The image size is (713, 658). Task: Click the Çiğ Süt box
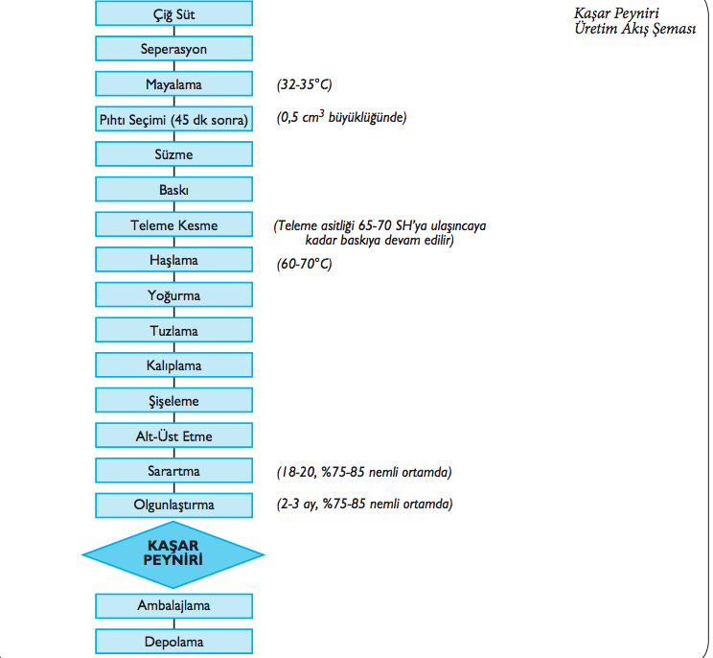coord(174,13)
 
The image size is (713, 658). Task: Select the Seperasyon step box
coord(174,48)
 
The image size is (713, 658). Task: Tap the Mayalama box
coord(174,83)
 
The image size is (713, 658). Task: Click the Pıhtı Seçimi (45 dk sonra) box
coord(174,119)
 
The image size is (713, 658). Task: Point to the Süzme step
coord(174,154)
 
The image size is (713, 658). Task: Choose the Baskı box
coord(174,190)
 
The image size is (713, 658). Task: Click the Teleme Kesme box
coord(174,225)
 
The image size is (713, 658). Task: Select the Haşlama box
coord(174,260)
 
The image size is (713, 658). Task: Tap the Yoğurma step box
coord(174,295)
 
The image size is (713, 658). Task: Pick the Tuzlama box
coord(174,331)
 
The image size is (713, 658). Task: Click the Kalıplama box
coord(174,366)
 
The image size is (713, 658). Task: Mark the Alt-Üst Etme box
coord(174,436)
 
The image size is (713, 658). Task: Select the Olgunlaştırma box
coord(174,504)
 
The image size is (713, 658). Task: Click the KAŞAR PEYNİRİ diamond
coord(174,554)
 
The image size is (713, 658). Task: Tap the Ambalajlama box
coord(174,606)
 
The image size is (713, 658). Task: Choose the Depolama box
coord(174,642)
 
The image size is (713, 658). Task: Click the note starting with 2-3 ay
coord(363,505)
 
